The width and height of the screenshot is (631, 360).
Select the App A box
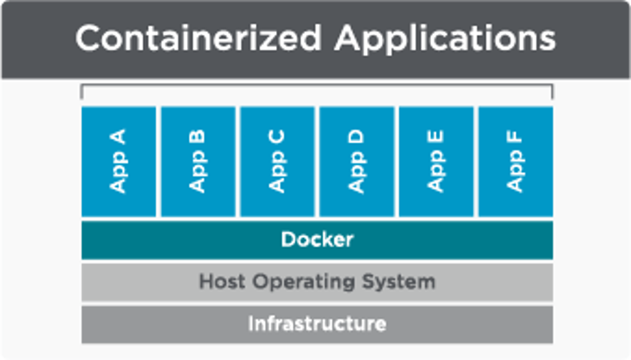point(119,162)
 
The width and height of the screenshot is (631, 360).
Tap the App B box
point(198,162)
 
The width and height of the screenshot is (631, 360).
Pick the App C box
point(278,162)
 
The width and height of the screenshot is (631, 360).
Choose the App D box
point(357,162)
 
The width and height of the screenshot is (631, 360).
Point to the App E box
point(436,162)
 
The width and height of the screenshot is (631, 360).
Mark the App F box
point(515,162)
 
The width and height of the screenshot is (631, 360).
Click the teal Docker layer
point(175,239)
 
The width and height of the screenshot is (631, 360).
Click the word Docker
point(316,239)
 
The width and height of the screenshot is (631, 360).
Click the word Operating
point(309,282)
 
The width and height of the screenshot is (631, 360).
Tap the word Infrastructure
point(316,324)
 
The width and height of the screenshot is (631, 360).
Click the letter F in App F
point(515,136)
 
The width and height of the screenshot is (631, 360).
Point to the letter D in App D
point(357,136)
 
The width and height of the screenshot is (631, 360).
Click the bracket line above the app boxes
point(316,86)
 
